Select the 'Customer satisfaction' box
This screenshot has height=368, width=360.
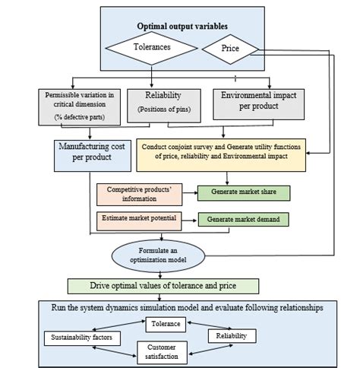coord(162,350)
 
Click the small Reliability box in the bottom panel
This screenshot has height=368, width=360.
coord(230,335)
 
